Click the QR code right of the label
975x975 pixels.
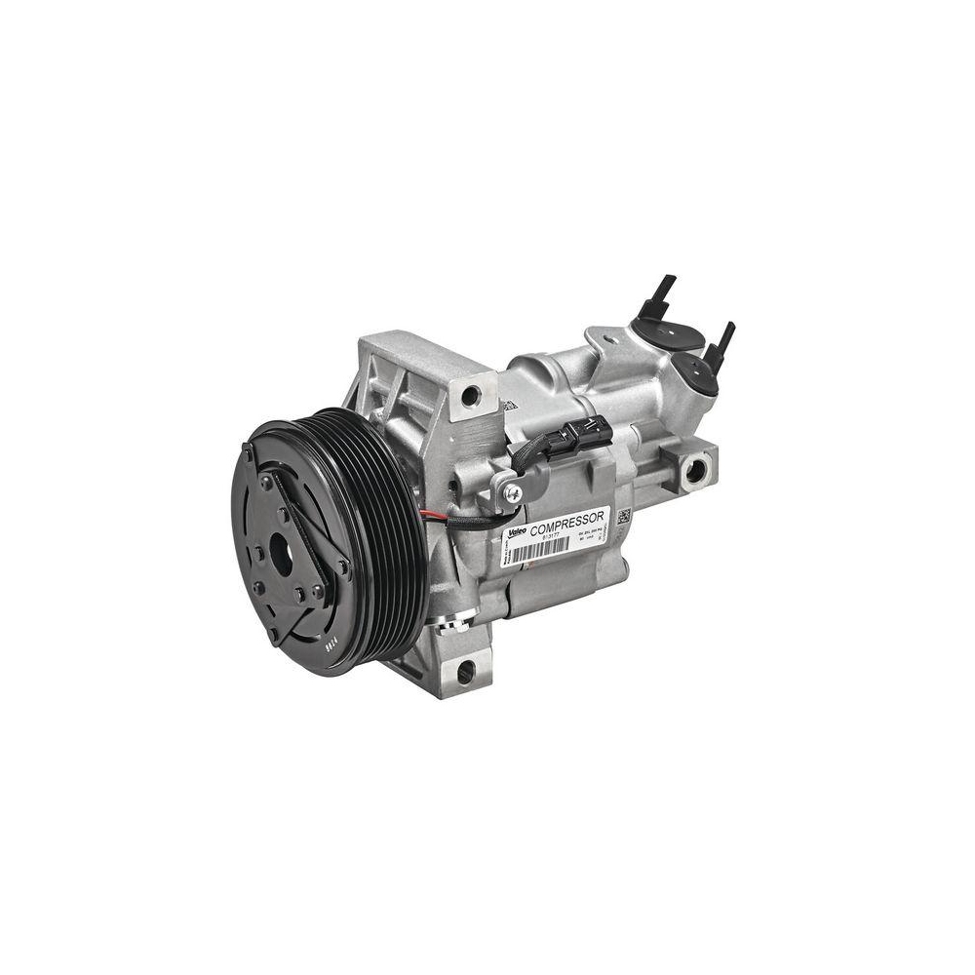(623, 516)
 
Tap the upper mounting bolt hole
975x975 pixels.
(471, 397)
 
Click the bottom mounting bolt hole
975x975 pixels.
(465, 671)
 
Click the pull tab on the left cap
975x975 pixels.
(662, 290)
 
